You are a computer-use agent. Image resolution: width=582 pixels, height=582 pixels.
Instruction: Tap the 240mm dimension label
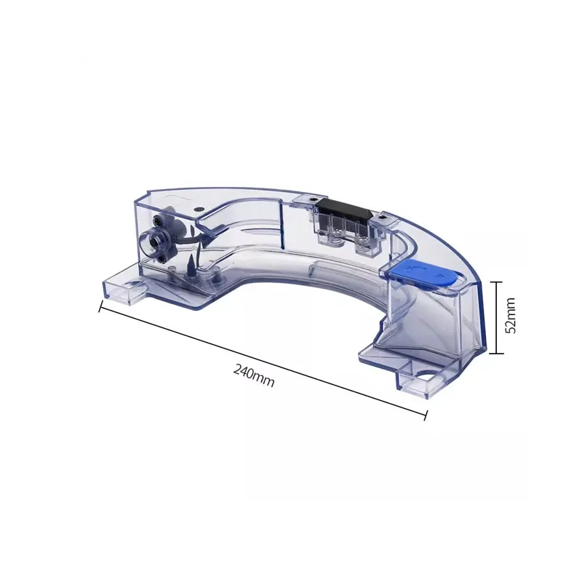254,376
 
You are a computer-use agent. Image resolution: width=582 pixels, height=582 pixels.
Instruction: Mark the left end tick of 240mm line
100,306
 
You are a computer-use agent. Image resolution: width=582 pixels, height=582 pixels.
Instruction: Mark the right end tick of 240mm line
426,415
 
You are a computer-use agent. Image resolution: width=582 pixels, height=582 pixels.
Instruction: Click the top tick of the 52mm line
495,281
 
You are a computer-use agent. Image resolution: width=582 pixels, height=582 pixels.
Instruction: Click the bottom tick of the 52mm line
495,353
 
